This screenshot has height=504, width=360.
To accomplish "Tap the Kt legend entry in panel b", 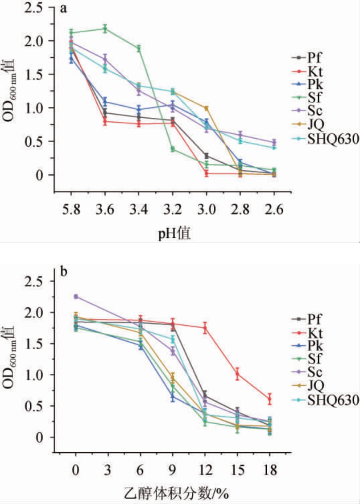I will coord(315,333).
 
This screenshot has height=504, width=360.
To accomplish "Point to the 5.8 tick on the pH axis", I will coord(71,210).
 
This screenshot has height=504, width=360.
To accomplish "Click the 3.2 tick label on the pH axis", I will coord(173,210).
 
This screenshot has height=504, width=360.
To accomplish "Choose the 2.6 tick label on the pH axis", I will coord(274,210).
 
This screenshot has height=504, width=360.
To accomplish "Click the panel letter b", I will coord(64,271).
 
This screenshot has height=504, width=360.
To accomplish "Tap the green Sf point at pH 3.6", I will coord(105,29).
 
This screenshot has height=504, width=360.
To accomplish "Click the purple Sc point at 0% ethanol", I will coord(76,297).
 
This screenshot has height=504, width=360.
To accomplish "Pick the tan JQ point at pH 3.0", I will coord(206,108).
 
